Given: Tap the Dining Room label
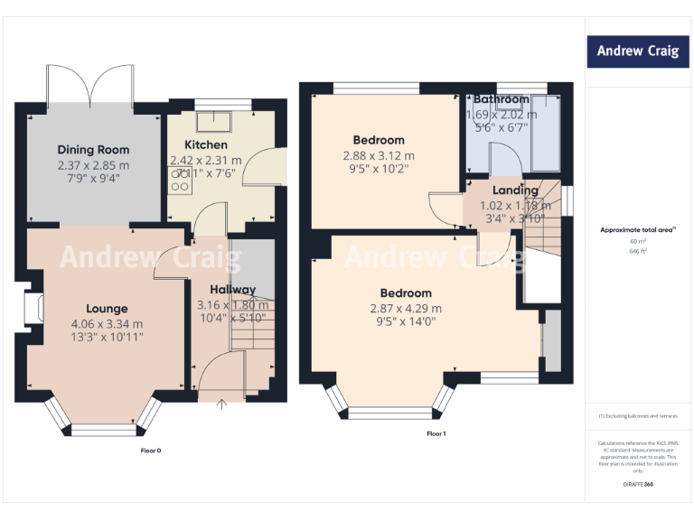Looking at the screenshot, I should [93, 150].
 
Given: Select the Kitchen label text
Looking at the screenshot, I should [206, 145].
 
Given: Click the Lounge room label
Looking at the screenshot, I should [107, 309].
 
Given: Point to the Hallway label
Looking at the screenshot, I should [233, 290].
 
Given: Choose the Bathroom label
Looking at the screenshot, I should [501, 99].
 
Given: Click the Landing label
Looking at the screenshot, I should [515, 190].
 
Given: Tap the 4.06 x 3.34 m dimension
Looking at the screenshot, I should [107, 324].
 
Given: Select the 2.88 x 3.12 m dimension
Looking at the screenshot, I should [379, 156].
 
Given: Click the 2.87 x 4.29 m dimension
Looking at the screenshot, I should [405, 309].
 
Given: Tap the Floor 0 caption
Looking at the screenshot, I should [150, 450].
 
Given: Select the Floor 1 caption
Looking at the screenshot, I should [436, 434].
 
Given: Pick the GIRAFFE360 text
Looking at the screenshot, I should [638, 486].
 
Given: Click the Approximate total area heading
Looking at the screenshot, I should [638, 230].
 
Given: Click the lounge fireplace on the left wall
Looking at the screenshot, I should [36, 306].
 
